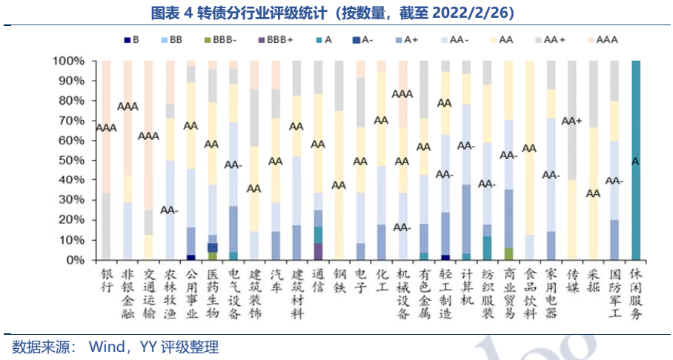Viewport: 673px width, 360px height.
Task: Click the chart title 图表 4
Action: click(336, 13)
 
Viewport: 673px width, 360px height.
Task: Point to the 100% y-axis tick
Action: click(69, 61)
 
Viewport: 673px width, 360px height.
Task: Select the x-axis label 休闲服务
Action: click(635, 294)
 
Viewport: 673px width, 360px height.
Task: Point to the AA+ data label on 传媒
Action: click(571, 121)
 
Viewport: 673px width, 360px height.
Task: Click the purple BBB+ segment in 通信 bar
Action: click(318, 251)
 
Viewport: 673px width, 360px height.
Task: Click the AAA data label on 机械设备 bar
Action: click(402, 94)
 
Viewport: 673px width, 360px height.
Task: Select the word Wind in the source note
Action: click(107, 347)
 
